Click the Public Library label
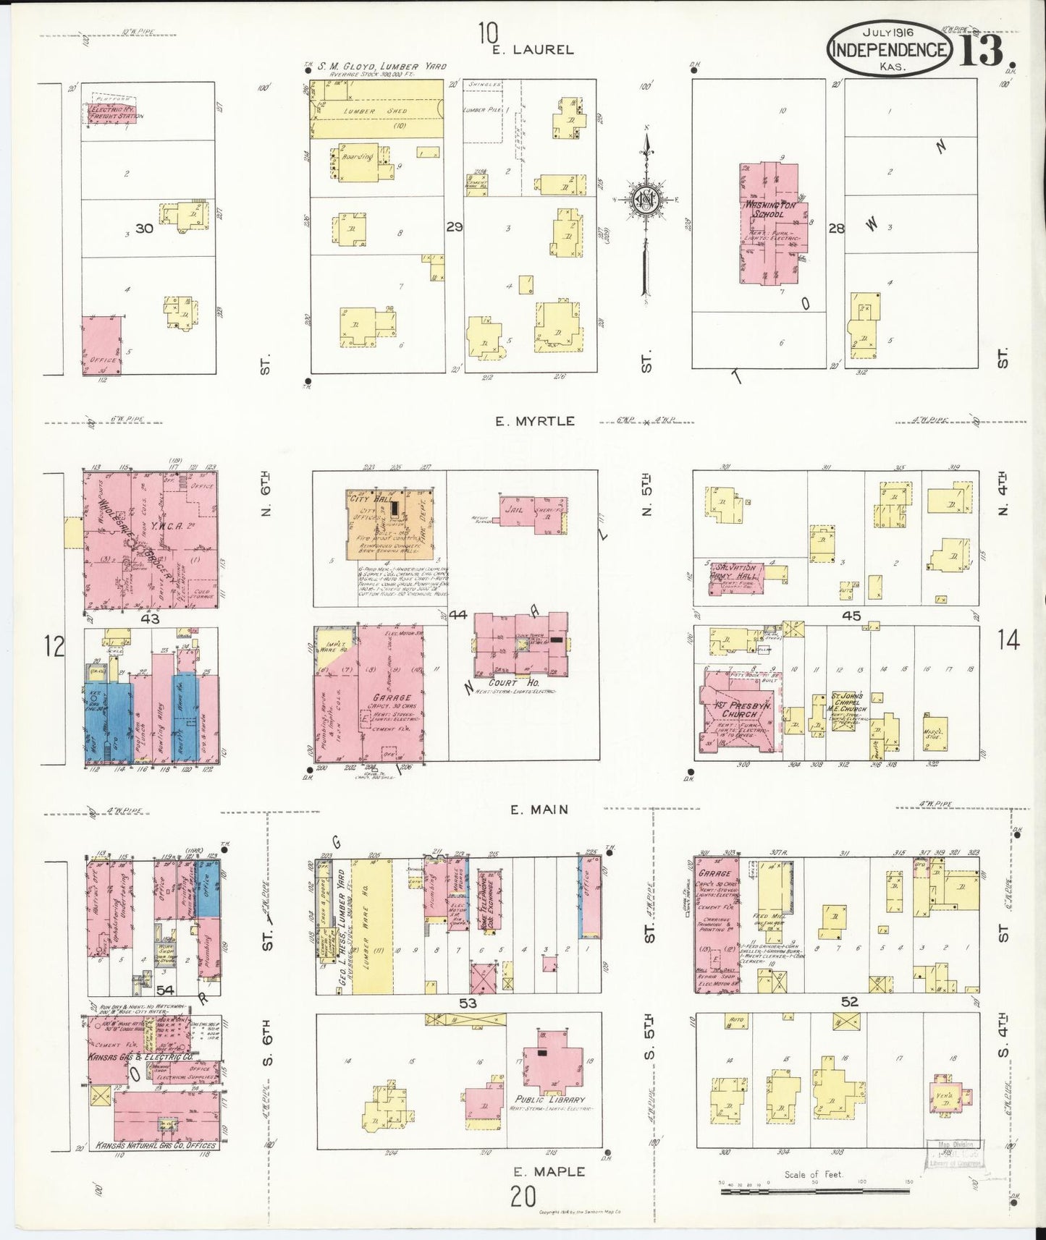(x=549, y=1100)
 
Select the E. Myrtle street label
(x=535, y=421)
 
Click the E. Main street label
(x=539, y=810)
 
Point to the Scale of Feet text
(x=814, y=1174)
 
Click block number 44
(x=457, y=615)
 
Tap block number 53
(x=468, y=1003)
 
